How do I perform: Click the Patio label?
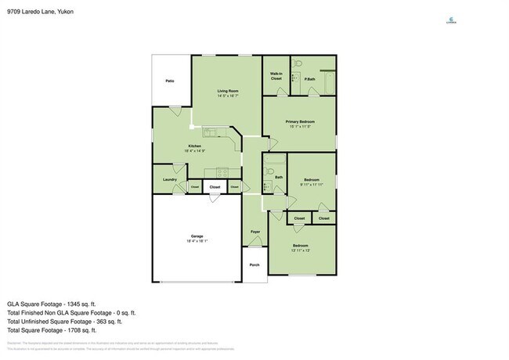coord(169,81)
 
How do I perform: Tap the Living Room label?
coord(228,92)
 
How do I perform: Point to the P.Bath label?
coord(311,79)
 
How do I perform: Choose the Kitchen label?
coord(194,146)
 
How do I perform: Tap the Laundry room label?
coord(169,180)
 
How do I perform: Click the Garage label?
coord(197,236)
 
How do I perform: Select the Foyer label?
coord(255,232)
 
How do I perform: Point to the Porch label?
coord(254,265)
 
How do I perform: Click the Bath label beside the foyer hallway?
coord(278,178)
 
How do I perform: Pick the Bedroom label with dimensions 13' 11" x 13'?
coord(301,246)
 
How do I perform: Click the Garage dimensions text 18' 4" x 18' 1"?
coord(197,242)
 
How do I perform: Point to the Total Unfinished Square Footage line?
coord(64,321)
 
